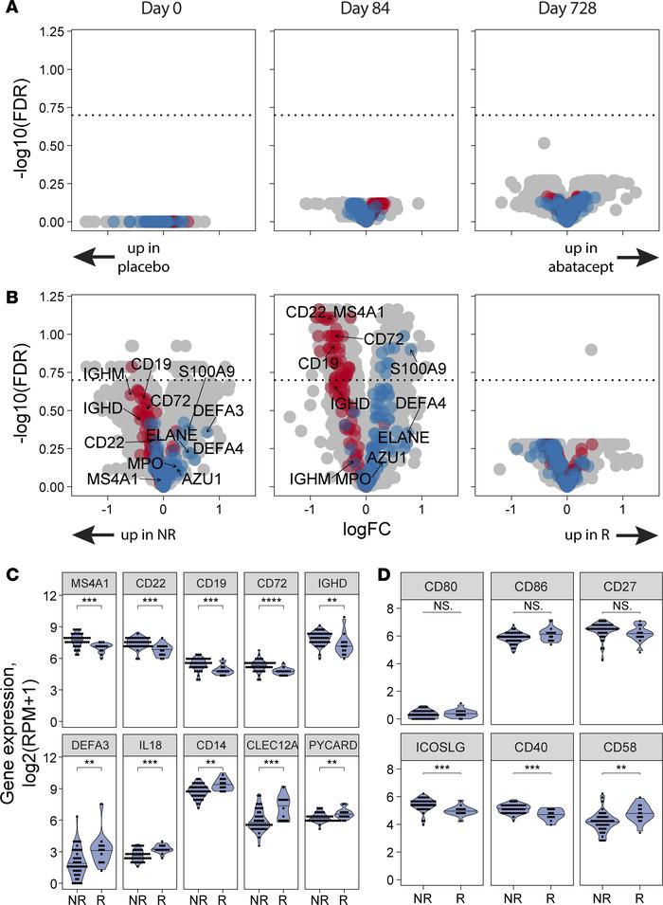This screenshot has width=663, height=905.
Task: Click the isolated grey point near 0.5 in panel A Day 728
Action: coord(544,143)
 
